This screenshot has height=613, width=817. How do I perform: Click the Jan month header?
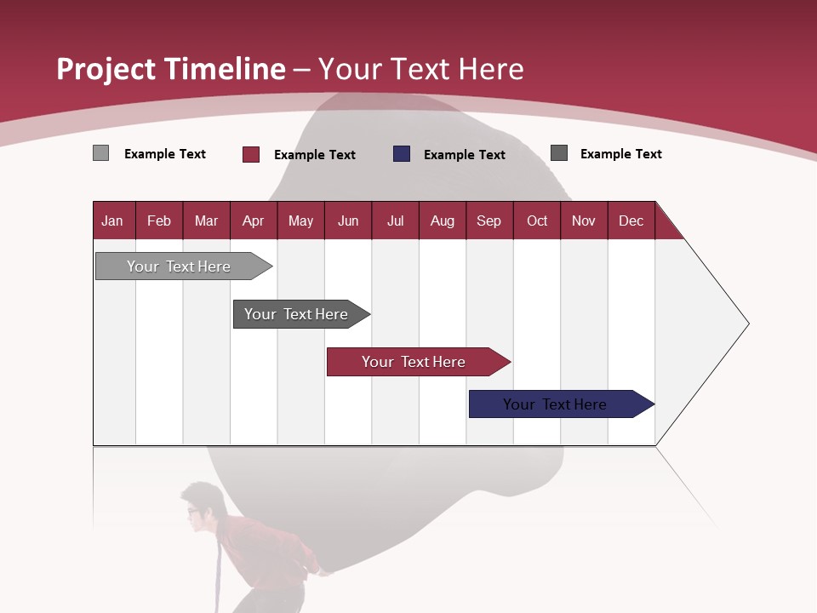(x=112, y=221)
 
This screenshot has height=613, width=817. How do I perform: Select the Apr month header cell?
(x=254, y=221)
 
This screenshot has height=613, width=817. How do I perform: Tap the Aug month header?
(x=443, y=221)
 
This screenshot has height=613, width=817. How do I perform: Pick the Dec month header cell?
(x=631, y=221)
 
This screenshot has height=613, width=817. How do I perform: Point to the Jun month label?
(x=348, y=221)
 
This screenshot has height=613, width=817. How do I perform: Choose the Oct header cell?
(x=537, y=221)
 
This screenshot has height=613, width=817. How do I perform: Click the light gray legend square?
(x=101, y=153)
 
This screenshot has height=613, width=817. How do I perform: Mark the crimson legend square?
(x=251, y=154)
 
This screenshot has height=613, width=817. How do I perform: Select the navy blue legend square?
(x=402, y=154)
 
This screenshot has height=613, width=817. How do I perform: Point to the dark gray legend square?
(x=559, y=153)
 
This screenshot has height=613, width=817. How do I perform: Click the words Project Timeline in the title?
(x=170, y=69)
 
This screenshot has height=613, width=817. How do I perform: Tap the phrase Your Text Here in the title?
(x=421, y=69)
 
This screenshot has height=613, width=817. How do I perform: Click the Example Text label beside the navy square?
(x=465, y=155)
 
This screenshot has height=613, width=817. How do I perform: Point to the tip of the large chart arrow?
(x=747, y=324)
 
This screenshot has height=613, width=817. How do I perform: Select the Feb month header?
(x=159, y=221)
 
